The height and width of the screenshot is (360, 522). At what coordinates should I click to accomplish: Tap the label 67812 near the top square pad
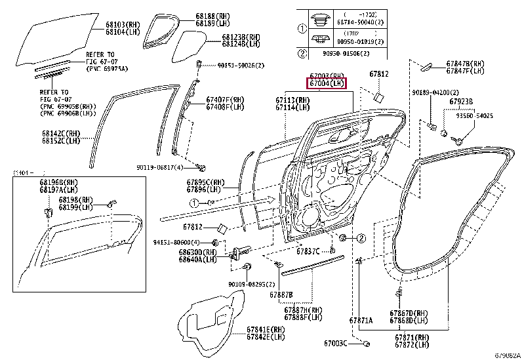[378, 74]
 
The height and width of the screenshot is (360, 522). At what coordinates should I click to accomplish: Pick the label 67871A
[361, 321]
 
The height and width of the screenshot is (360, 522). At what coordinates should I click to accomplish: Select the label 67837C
[308, 251]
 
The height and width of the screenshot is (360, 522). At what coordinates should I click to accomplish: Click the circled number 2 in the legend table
[302, 53]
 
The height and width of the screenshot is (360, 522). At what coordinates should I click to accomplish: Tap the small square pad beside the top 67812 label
[379, 97]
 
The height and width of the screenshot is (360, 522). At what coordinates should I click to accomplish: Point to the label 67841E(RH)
[266, 329]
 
